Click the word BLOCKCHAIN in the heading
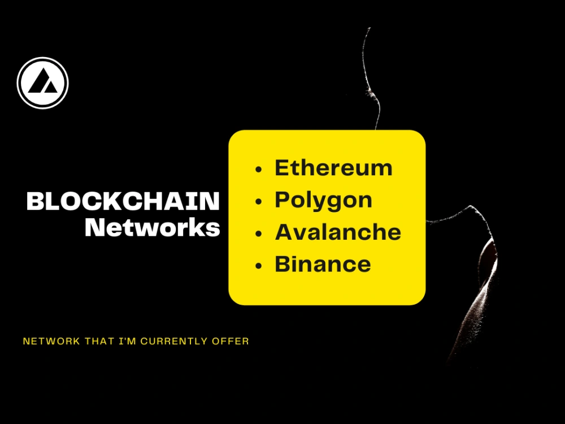click(x=123, y=201)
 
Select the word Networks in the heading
click(x=153, y=227)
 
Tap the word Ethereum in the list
click(x=334, y=168)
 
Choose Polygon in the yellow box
click(x=324, y=201)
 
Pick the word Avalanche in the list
click(x=338, y=232)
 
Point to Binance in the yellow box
click(x=323, y=264)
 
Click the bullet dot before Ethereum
click(x=258, y=170)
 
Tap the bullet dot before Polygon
click(x=258, y=202)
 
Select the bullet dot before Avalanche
click(x=258, y=233)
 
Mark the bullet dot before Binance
click(x=258, y=266)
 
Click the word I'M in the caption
click(x=127, y=341)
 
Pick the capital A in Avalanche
click(x=285, y=232)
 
